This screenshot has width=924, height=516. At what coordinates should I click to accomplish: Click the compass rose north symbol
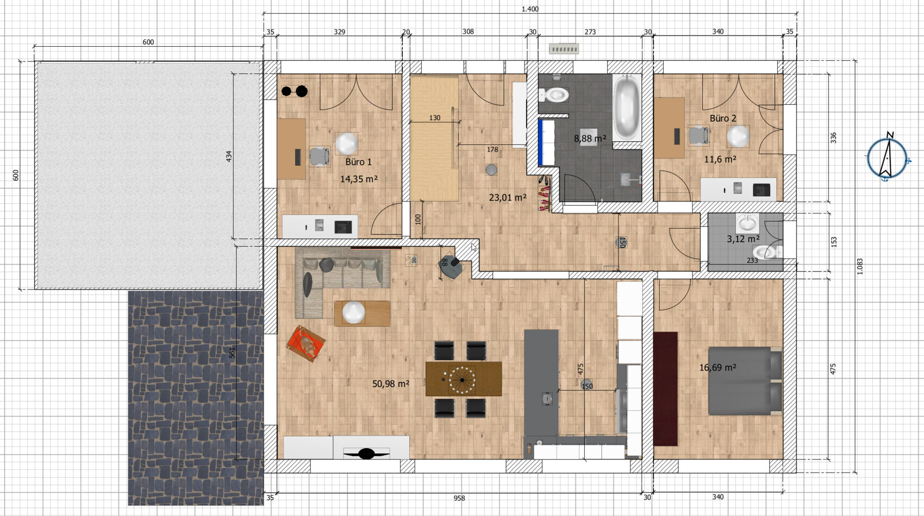(x=887, y=158)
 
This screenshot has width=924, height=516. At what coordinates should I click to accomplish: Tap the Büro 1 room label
(x=359, y=162)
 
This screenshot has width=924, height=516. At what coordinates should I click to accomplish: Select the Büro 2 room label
(x=723, y=118)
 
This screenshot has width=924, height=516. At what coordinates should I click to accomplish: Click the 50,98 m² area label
(x=391, y=383)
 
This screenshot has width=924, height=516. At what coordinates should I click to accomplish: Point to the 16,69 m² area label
(x=718, y=367)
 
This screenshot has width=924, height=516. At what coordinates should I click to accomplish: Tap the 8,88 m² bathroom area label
(x=590, y=139)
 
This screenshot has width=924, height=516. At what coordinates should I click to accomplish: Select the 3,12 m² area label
(x=743, y=239)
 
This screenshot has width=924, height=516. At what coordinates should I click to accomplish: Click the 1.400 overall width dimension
(x=530, y=9)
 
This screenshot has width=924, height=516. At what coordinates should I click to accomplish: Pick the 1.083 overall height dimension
(x=860, y=267)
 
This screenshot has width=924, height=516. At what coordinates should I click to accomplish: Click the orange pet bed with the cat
(x=306, y=343)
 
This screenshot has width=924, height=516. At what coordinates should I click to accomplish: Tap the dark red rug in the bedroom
(x=666, y=389)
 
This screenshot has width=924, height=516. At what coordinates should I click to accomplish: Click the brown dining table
(x=464, y=379)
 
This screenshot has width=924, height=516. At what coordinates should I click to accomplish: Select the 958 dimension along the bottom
(x=459, y=498)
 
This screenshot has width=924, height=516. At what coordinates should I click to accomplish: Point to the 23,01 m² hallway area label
(x=508, y=198)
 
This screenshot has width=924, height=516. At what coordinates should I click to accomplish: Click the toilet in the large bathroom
(x=554, y=95)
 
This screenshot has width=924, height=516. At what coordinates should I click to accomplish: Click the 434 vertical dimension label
(x=229, y=156)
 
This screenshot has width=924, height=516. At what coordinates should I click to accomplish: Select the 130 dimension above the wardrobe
(x=435, y=118)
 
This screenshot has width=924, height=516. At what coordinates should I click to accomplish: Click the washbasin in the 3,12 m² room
(x=747, y=223)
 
